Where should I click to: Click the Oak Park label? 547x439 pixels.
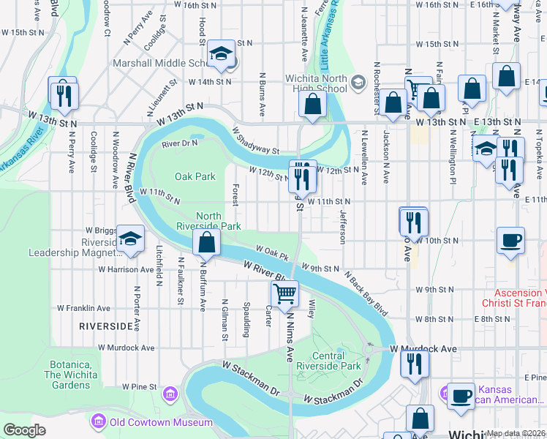coord(195,176)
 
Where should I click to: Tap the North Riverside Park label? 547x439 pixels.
coord(219,221)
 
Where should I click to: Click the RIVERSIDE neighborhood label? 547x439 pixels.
coord(106,326)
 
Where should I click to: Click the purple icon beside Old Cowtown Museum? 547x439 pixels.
coord(98,421)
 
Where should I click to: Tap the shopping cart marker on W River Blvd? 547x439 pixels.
coord(284,294)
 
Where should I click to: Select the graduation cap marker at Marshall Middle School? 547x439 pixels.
coord(220,53)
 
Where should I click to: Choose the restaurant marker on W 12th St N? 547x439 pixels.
coord(302,175)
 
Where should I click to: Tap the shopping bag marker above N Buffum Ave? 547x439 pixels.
coord(207,243)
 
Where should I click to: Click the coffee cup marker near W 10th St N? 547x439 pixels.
coord(510,240)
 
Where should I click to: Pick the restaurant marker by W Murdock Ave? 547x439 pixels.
coord(415,364)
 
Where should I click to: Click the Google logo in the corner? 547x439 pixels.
coord(25,430)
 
